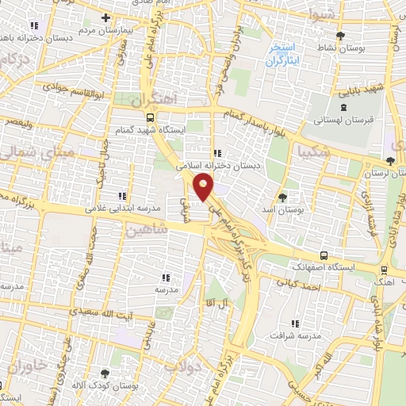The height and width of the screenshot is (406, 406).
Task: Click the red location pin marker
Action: (x=204, y=187)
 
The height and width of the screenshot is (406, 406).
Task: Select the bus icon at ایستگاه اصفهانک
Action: (x=324, y=255)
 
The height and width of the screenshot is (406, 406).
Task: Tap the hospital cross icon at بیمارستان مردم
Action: (x=106, y=17)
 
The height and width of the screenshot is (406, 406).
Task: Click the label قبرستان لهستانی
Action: (x=343, y=120)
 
